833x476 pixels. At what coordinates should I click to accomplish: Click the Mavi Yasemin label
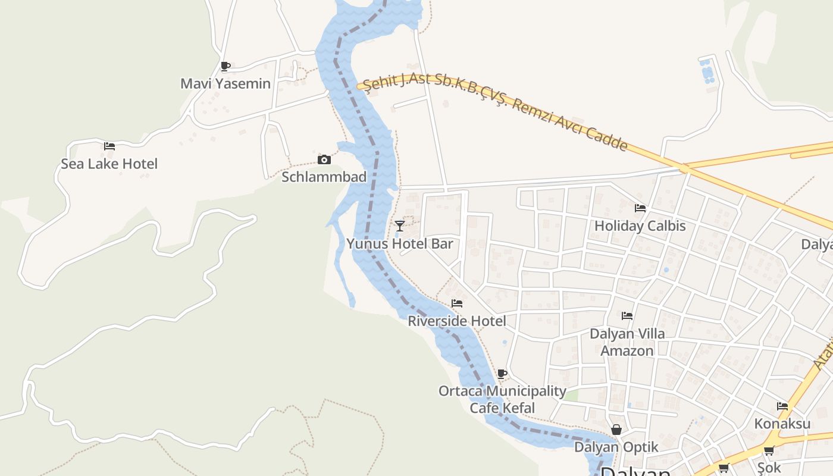pyautogui.click(x=226, y=83)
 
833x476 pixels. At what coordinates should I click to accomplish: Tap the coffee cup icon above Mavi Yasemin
pyautogui.click(x=225, y=66)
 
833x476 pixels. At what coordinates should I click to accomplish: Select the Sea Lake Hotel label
pyautogui.click(x=109, y=164)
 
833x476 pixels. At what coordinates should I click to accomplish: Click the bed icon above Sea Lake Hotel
pyautogui.click(x=109, y=146)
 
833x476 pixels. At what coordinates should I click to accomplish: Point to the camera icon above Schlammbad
pyautogui.click(x=324, y=159)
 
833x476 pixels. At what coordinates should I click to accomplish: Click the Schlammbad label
pyautogui.click(x=324, y=177)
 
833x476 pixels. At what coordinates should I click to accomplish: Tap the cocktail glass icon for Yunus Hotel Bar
pyautogui.click(x=400, y=226)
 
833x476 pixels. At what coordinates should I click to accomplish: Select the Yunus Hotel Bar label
pyautogui.click(x=400, y=243)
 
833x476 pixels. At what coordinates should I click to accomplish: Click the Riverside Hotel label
pyautogui.click(x=457, y=321)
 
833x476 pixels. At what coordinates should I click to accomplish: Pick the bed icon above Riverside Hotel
pyautogui.click(x=457, y=303)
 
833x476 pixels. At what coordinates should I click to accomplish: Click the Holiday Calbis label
pyautogui.click(x=640, y=226)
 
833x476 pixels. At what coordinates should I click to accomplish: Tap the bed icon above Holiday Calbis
pyautogui.click(x=640, y=208)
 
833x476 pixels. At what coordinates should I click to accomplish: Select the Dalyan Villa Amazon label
pyautogui.click(x=627, y=342)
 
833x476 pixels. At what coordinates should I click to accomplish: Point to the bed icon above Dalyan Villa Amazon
pyautogui.click(x=627, y=316)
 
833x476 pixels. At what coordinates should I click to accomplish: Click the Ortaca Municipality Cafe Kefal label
pyautogui.click(x=502, y=399)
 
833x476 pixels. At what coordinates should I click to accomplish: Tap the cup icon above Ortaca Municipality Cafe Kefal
pyautogui.click(x=502, y=374)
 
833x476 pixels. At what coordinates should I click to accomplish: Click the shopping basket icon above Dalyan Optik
pyautogui.click(x=616, y=430)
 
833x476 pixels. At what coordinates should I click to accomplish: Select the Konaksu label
pyautogui.click(x=782, y=424)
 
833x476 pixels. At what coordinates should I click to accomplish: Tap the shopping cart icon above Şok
pyautogui.click(x=769, y=451)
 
